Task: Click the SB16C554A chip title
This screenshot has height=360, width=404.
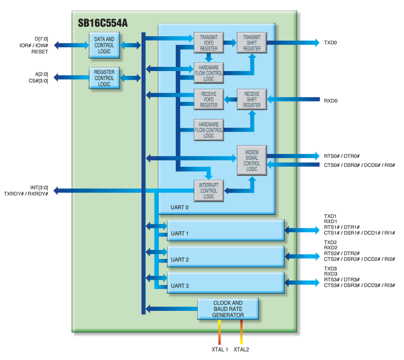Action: pos(102,22)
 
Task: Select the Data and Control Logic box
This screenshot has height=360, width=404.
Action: pos(104,45)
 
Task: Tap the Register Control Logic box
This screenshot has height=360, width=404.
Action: pos(104,78)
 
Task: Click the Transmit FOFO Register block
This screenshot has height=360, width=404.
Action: pos(209,42)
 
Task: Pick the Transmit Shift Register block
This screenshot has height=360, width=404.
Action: pos(252,42)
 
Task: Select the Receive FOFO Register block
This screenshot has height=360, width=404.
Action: pos(209,100)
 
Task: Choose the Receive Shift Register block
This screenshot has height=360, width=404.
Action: pos(252,100)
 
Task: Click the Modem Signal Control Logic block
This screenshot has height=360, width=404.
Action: pos(252,160)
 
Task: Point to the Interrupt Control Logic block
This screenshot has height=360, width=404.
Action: pos(209,191)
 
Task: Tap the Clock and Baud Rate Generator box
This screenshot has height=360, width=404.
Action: pos(228,309)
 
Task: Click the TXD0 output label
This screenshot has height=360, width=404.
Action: pos(330,43)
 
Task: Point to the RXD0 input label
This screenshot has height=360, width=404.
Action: pos(331,101)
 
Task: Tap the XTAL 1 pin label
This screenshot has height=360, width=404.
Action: pos(220,350)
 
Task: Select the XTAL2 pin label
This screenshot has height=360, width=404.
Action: pos(241,350)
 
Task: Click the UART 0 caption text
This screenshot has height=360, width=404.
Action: pos(180,207)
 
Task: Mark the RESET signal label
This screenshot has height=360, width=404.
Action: pos(40,51)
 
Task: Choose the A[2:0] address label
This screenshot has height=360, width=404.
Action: pos(41,74)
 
